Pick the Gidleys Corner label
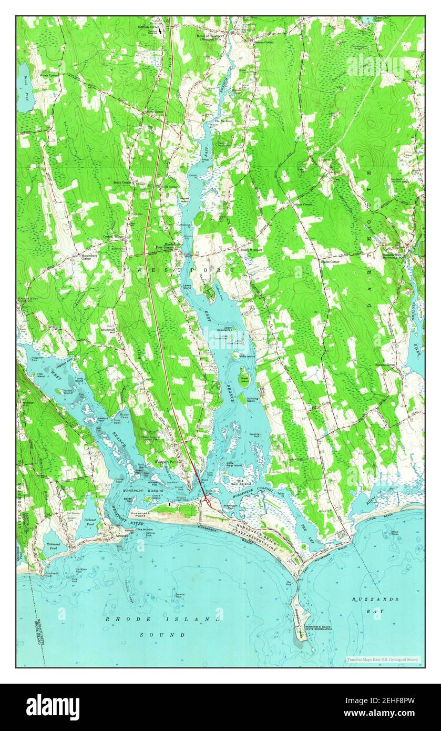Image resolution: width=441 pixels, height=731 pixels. pos(303,204)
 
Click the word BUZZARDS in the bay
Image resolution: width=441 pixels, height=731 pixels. pos(376,599)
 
